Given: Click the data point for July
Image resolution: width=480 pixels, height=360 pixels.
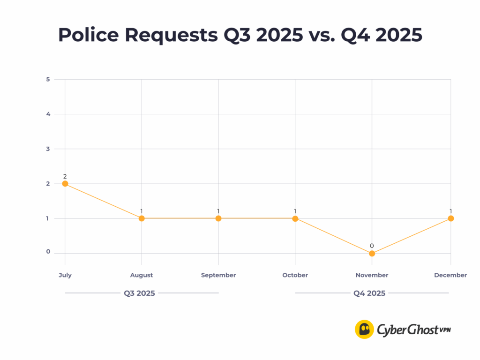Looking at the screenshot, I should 65,184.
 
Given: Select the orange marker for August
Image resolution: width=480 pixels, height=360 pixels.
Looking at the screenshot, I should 142,218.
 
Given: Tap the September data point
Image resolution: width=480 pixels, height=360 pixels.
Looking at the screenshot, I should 218,218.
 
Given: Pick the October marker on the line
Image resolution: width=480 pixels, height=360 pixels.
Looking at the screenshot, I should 295,218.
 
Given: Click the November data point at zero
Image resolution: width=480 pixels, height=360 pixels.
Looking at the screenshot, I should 372,254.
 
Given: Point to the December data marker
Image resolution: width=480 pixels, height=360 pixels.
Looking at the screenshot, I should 451,218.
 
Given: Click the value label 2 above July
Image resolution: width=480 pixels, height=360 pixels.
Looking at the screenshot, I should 65,176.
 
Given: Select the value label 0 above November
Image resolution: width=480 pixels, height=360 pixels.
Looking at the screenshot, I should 372,246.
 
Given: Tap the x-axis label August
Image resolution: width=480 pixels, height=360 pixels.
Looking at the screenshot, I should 142,275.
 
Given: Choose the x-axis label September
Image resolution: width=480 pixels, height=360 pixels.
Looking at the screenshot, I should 218,275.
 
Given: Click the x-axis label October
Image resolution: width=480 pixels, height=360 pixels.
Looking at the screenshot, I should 295,275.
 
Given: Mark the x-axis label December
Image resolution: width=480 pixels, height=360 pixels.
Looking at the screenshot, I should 450,275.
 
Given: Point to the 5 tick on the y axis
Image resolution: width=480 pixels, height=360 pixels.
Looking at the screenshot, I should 48,79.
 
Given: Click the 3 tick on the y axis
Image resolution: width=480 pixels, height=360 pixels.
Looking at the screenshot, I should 48,149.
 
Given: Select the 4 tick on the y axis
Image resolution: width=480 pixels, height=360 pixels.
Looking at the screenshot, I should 48,114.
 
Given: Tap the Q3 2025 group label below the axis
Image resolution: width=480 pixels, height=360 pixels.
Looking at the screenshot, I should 139,293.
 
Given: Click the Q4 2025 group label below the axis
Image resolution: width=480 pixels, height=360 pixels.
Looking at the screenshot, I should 369,293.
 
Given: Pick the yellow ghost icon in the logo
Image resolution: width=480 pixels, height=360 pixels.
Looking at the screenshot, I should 364,329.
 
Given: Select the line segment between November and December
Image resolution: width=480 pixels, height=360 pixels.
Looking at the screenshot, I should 412,236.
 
